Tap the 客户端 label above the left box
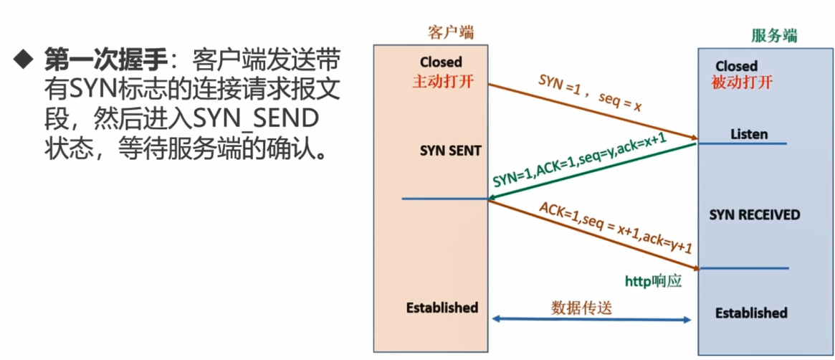(x=451, y=32)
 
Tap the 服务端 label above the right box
(x=774, y=35)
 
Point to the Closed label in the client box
(x=442, y=62)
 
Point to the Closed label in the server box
(x=736, y=66)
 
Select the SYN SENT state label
(x=451, y=151)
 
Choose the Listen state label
(x=749, y=134)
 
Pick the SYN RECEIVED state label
(x=754, y=214)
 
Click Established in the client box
(x=442, y=308)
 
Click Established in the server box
(x=751, y=313)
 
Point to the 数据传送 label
(x=581, y=306)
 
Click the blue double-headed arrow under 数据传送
(x=591, y=320)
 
